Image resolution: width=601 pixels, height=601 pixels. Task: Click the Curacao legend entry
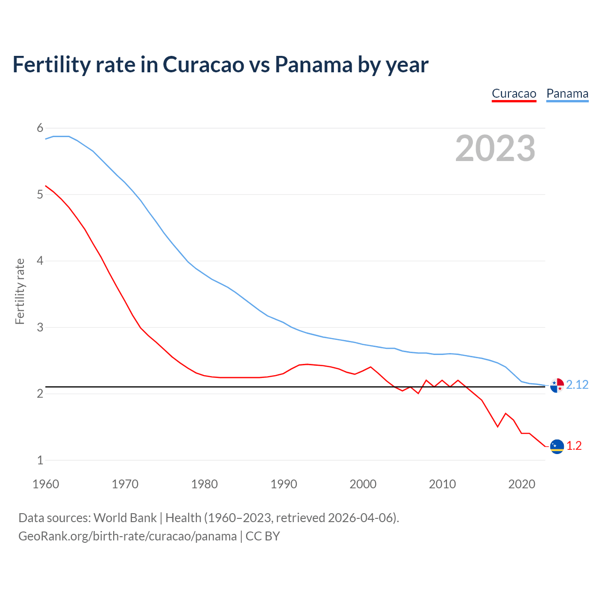tap(514, 93)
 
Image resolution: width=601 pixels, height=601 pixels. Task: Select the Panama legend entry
tap(567, 93)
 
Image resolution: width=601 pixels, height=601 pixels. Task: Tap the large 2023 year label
tap(495, 148)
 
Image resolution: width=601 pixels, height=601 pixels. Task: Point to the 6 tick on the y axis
tap(40, 128)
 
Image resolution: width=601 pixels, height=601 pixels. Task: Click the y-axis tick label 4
tap(40, 261)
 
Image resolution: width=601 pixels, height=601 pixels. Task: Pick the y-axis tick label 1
tap(40, 460)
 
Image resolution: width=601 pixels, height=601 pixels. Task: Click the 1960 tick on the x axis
tap(46, 484)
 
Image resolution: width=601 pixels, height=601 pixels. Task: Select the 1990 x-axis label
tap(284, 484)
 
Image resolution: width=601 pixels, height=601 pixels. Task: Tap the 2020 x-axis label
tap(522, 484)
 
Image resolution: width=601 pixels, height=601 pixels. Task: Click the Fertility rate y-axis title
tap(20, 291)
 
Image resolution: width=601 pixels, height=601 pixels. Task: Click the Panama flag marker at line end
tap(557, 385)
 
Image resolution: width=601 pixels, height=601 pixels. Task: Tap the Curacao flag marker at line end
tap(557, 447)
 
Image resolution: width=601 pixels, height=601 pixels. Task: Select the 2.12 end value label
tap(577, 385)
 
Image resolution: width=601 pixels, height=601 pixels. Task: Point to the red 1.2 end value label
tap(574, 446)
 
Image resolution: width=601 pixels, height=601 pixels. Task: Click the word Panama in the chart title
tap(313, 64)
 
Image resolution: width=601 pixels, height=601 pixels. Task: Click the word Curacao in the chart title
tap(203, 64)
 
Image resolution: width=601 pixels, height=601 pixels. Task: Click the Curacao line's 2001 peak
tap(371, 367)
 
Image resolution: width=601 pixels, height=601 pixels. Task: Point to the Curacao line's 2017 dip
tap(498, 427)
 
